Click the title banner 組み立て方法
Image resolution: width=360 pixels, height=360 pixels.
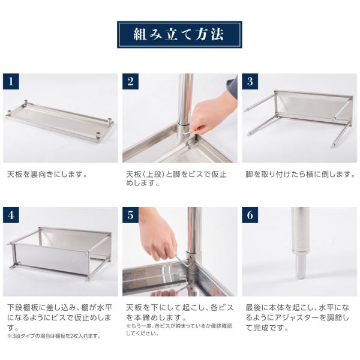tap(179, 34)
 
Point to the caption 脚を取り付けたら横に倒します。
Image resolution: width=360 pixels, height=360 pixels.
tap(301, 175)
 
